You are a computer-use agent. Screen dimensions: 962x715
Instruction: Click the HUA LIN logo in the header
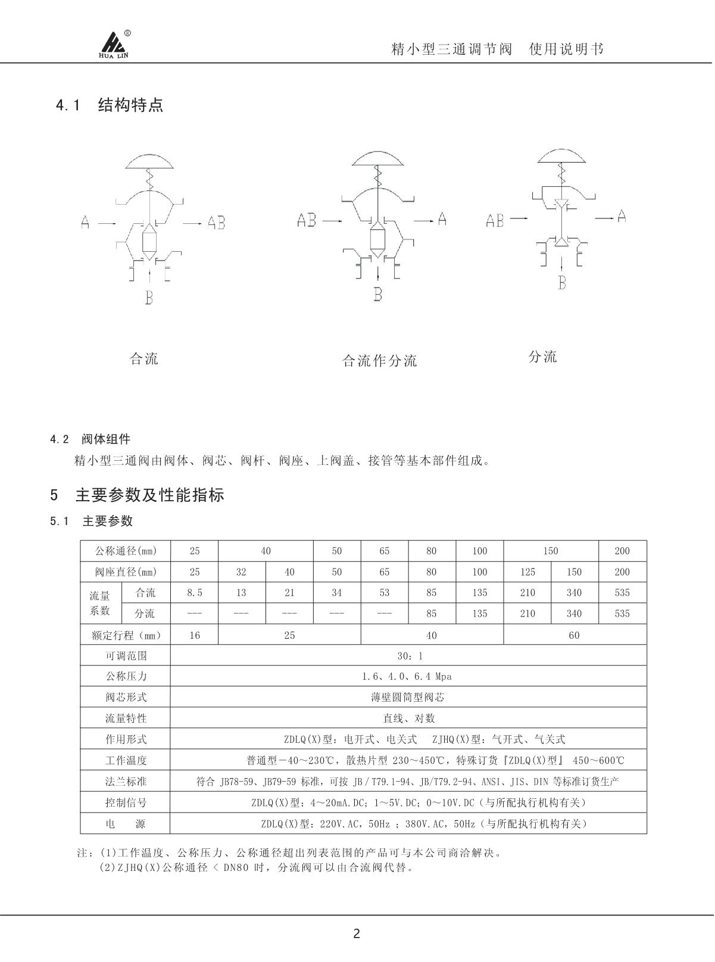pos(114,45)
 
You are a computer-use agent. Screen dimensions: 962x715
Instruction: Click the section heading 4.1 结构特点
pos(110,106)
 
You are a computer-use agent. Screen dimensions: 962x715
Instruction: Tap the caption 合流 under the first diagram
pos(144,359)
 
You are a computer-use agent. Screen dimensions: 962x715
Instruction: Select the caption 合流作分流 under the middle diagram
pos(380,361)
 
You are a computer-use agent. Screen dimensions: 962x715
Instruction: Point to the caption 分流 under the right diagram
pos(542,357)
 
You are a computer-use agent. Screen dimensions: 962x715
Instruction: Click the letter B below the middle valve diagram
pos(378,294)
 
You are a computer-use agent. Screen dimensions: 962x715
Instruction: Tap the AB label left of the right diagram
pos(495,221)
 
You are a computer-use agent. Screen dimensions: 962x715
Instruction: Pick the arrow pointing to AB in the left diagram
pos(192,223)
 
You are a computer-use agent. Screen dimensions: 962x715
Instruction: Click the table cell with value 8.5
pos(195,593)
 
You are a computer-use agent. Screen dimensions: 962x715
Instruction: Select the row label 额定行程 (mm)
pos(126,635)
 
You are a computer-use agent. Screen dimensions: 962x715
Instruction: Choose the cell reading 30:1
pos(410,656)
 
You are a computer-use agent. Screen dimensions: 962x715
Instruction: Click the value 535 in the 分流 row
pos(622,614)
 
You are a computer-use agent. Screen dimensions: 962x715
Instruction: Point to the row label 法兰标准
pos(126,782)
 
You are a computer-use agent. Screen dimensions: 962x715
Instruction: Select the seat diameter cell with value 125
pos(527,572)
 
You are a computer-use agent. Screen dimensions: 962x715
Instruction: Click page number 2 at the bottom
pos(357,933)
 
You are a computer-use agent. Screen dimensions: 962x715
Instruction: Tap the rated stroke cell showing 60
pos(574,635)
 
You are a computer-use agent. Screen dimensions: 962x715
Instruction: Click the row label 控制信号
pos(126,802)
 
